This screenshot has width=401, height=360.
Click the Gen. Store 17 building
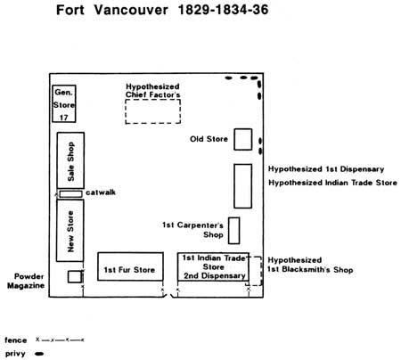[64, 103]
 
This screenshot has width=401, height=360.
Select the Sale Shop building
[70, 160]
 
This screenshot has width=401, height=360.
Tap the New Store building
[70, 231]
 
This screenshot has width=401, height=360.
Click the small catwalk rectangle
[70, 194]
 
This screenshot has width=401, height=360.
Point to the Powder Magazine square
[75, 276]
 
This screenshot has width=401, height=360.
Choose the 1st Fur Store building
[130, 266]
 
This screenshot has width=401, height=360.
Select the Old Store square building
[243, 139]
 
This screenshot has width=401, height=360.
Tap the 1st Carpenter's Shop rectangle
[234, 231]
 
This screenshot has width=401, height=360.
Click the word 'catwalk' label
[101, 192]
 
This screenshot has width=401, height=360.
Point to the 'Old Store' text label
[209, 139]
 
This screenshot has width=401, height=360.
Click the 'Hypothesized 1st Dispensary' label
[326, 169]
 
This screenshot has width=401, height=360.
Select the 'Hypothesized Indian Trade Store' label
[332, 183]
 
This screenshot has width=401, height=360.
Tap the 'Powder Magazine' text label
[26, 281]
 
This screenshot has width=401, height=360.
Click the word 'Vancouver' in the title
[131, 10]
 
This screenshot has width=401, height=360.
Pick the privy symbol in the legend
[39, 354]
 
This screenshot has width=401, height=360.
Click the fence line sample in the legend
[60, 340]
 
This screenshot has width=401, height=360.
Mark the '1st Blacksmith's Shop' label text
[310, 270]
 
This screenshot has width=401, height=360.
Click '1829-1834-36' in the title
[223, 10]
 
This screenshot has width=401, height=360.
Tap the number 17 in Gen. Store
[64, 118]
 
